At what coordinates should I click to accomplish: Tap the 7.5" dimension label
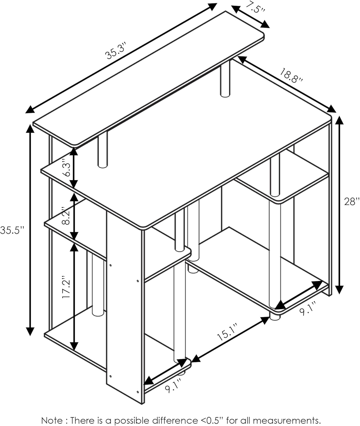[255, 7]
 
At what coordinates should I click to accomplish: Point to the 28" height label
[352, 202]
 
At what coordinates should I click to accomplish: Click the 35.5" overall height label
[12, 230]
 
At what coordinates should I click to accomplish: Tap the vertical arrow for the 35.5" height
[30, 230]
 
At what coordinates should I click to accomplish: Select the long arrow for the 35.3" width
[121, 58]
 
